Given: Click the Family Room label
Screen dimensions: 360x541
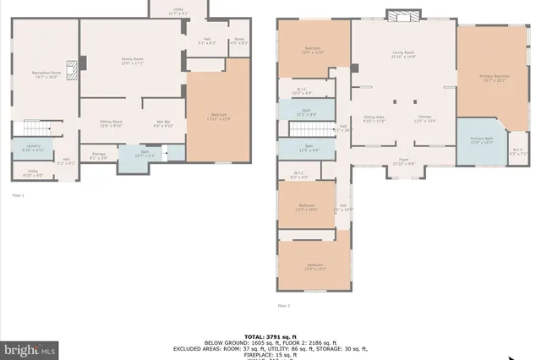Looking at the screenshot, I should (132, 62).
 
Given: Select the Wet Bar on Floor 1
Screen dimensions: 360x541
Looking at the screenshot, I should (163, 124).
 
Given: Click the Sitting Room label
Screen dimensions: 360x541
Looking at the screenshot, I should (111, 123).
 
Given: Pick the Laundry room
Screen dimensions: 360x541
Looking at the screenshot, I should (23, 149).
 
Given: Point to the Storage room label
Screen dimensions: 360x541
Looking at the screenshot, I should (99, 155).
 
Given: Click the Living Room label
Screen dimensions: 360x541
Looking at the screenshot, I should (403, 55).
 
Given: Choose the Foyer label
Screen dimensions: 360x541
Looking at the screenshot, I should (404, 161).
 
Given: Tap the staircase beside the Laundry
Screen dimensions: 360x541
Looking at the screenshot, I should (34, 128).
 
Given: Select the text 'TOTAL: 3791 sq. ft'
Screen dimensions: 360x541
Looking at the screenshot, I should (270, 335).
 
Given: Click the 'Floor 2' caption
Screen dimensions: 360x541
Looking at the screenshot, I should (284, 305).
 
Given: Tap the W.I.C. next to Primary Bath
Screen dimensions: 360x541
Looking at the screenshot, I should (516, 152).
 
